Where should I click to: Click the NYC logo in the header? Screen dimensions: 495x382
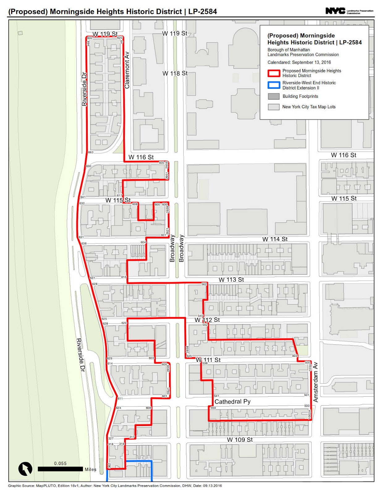click(x=335, y=11)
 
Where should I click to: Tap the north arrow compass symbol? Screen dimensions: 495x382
click(x=25, y=469)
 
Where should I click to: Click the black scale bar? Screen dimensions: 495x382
click(x=60, y=469)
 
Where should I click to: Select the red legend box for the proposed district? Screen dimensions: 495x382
click(x=274, y=73)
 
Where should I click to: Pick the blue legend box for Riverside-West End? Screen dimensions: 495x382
click(x=274, y=85)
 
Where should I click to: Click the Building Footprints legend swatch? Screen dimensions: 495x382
click(x=274, y=96)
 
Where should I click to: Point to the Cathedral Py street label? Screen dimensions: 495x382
click(x=232, y=402)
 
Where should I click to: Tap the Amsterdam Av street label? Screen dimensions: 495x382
click(x=316, y=382)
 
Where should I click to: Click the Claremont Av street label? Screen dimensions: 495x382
click(x=127, y=70)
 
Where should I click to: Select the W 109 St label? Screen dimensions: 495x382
click(x=240, y=440)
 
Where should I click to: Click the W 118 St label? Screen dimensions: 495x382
click(x=175, y=73)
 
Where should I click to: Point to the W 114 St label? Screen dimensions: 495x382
click(x=275, y=239)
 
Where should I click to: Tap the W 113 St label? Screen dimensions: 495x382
click(x=231, y=280)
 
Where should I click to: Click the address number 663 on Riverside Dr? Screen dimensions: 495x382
click(x=91, y=152)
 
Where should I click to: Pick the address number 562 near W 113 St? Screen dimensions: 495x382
click(x=204, y=284)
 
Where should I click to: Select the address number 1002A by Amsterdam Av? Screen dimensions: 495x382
click(x=309, y=415)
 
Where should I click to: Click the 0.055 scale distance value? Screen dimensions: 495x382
click(x=60, y=463)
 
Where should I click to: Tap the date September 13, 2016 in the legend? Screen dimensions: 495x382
click(x=311, y=62)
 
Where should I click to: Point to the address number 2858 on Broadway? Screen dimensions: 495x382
click(x=187, y=350)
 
